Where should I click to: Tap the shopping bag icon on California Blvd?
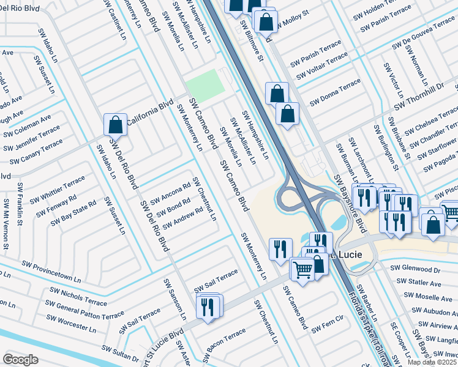(115, 125)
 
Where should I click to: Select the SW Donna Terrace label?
(335, 92)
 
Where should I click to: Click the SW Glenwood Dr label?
(415, 269)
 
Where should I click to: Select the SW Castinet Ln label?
(116, 21)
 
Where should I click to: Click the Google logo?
(20, 359)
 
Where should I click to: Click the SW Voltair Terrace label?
(322, 67)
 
